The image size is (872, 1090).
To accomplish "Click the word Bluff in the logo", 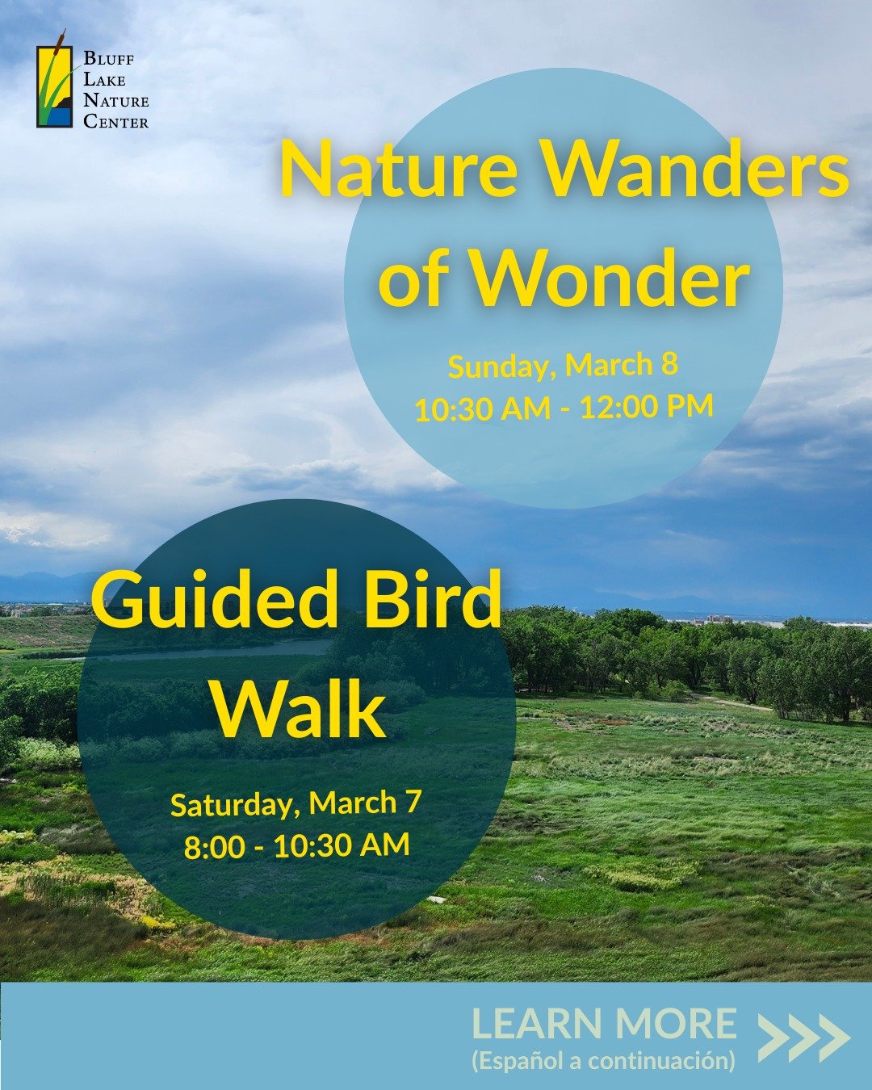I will click(109, 60).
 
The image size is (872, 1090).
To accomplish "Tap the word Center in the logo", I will click(116, 122).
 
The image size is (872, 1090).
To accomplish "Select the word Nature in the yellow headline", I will click(398, 170).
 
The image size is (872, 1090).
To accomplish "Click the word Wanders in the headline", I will click(695, 170).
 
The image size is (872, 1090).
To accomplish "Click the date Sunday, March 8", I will click(563, 366).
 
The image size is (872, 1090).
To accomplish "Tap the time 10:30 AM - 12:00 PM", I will click(564, 408).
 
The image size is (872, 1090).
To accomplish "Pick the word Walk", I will click(299, 711).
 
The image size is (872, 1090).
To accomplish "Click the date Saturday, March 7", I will click(296, 804).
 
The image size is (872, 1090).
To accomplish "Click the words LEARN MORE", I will click(604, 1024).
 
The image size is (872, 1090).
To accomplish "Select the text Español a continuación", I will click(603, 1060).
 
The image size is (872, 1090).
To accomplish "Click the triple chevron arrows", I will click(803, 1038).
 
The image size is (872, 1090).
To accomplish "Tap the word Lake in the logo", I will click(104, 81).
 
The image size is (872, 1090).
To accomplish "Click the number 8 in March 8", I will click(669, 364).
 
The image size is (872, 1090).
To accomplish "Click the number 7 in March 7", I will click(413, 802).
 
